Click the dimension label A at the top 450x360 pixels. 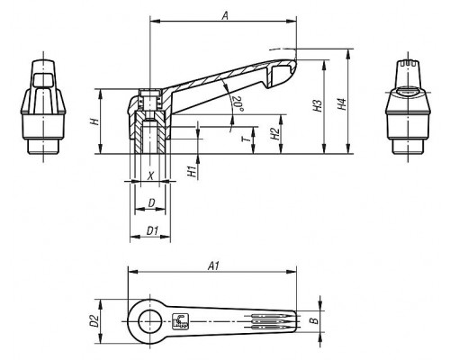coord(225,15)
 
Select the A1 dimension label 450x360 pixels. coord(214,265)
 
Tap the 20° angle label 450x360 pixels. coord(238,103)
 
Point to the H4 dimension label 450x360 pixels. coord(342,104)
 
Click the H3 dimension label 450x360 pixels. coord(318,105)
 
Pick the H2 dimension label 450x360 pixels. coord(274,134)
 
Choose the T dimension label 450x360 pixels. coord(246,139)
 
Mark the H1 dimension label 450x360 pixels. coord(193,171)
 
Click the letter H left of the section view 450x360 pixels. coord(94,121)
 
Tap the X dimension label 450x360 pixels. coord(151,175)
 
